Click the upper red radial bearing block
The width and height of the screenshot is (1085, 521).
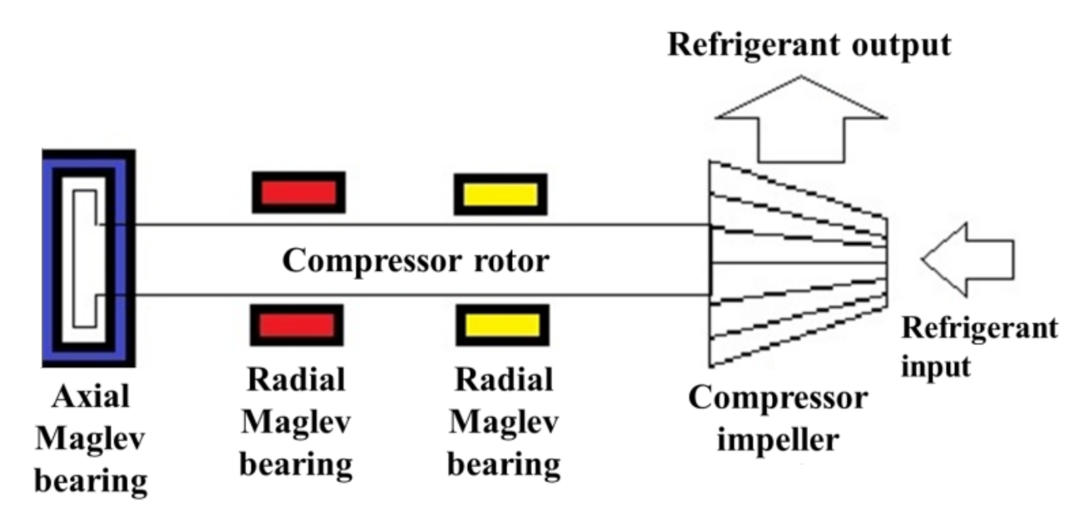point(298,192)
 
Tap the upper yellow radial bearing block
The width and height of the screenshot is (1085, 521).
point(500,194)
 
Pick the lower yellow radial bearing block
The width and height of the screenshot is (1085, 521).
point(502,325)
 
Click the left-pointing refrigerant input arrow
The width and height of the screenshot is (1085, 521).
point(969,259)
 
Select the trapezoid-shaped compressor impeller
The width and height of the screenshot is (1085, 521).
point(795,262)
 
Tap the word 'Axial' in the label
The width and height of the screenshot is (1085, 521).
point(90,396)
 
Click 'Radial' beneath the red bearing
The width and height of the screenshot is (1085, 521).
point(296,380)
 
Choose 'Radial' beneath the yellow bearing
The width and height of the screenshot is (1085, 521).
point(504,380)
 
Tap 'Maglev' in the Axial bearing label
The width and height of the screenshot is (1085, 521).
point(90,437)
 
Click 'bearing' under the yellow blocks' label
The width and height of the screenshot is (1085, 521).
point(504,463)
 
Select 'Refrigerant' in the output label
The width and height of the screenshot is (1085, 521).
point(746,44)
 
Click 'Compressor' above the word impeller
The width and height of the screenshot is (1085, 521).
point(777,398)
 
